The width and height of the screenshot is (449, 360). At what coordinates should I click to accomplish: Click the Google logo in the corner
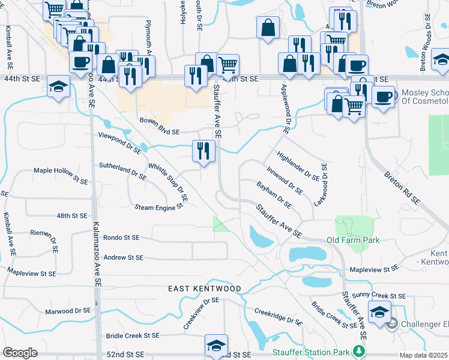(x=20, y=353)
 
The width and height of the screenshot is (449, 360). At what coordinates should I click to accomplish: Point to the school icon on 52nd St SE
(x=216, y=346)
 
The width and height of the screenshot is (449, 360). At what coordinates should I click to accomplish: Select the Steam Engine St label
(x=158, y=207)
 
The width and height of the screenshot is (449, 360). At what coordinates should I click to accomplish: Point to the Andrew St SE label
(x=123, y=257)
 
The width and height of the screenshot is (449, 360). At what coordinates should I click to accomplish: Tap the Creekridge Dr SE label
(x=278, y=317)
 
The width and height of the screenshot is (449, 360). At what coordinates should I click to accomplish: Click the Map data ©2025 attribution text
(x=424, y=355)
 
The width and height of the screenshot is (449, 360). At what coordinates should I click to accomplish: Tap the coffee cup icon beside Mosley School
(x=383, y=97)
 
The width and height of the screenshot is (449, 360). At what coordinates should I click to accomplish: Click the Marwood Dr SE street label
(x=68, y=311)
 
